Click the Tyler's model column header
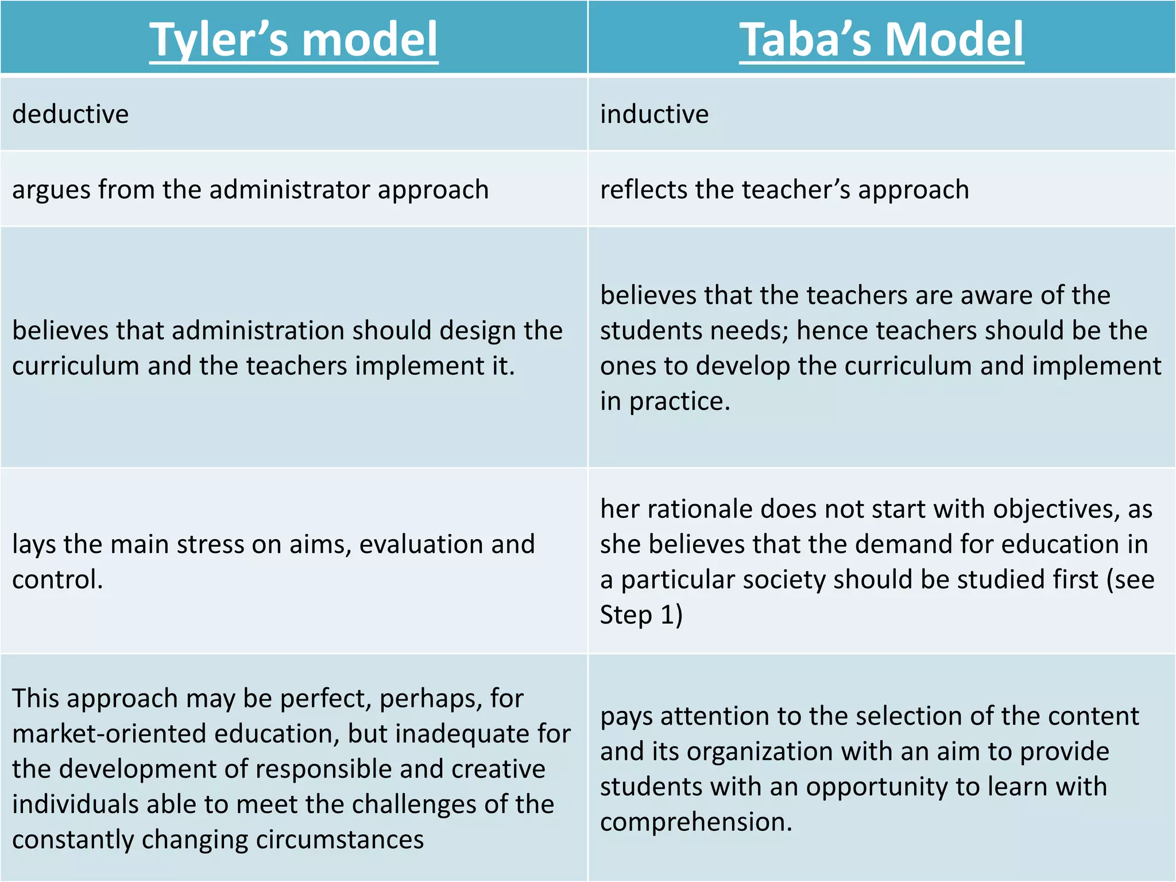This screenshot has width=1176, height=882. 293,39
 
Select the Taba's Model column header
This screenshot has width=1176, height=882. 881,39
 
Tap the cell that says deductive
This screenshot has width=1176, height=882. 71,114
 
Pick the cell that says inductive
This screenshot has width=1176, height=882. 654,114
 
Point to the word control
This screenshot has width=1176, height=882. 57,579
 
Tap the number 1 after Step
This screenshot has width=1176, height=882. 667,615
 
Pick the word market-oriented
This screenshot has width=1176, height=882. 109,734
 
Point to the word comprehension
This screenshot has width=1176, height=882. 695,822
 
